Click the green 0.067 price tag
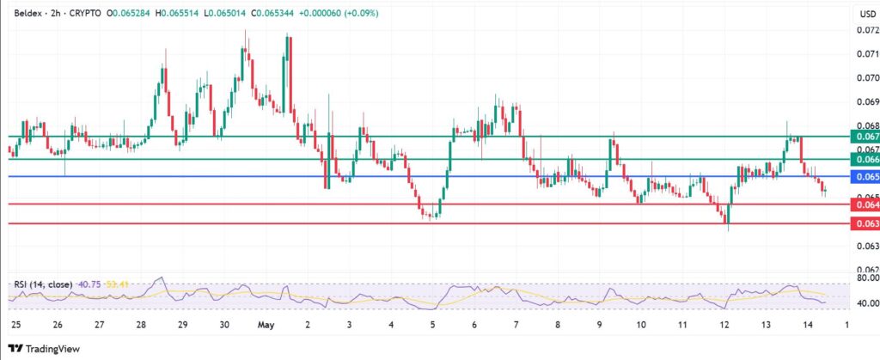863,137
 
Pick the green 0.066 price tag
863,159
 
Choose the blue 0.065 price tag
863,177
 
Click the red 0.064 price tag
863,204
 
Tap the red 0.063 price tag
863,223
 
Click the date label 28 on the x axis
140,325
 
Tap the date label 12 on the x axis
724,325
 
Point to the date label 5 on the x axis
432,325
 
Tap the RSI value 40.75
88,285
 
